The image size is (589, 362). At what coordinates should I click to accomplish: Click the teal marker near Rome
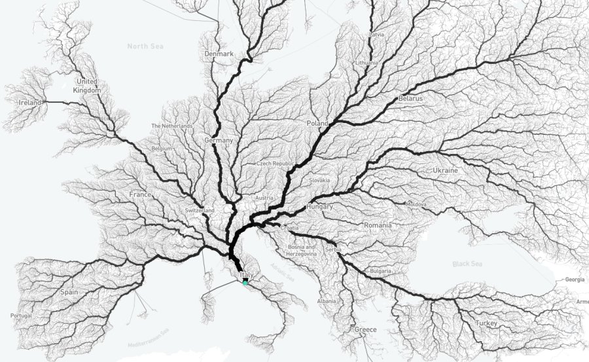[x=245, y=283]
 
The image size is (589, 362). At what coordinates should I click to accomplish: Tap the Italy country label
[x=247, y=275]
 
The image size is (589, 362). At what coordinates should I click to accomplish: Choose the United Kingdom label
[x=87, y=86]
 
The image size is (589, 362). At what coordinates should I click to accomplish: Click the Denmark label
[x=219, y=54]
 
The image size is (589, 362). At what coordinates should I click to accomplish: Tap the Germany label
[x=219, y=141]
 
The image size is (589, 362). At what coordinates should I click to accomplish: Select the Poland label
[x=317, y=123]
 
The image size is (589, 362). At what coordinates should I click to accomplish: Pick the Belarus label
[x=410, y=98]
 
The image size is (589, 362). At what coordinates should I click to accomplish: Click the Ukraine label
[x=445, y=170]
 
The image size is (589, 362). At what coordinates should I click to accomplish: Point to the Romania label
[x=378, y=225]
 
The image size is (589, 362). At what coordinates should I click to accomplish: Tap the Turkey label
[x=486, y=323]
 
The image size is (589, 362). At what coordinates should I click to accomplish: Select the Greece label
[x=365, y=329]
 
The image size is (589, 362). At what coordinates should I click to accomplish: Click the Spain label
[x=69, y=292]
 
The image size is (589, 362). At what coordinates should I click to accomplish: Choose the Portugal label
[x=21, y=316]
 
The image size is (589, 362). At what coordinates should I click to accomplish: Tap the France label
[x=140, y=194]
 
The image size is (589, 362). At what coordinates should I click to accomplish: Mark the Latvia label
[x=377, y=33]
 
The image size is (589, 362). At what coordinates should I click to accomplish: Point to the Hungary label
[x=319, y=206]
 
